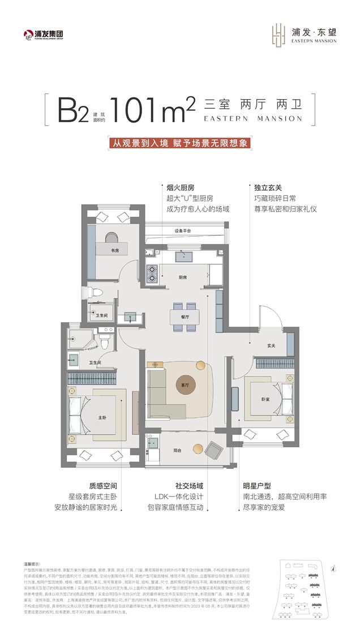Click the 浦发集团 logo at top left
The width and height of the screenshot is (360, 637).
pos(43,35)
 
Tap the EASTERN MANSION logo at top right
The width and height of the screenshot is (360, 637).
pos(305,35)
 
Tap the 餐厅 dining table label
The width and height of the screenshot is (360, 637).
pos(185,318)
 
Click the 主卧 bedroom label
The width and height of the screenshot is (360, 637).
pos(102,418)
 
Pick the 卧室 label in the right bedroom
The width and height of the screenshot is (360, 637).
pos(265,398)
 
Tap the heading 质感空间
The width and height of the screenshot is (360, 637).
pos(102,485)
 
